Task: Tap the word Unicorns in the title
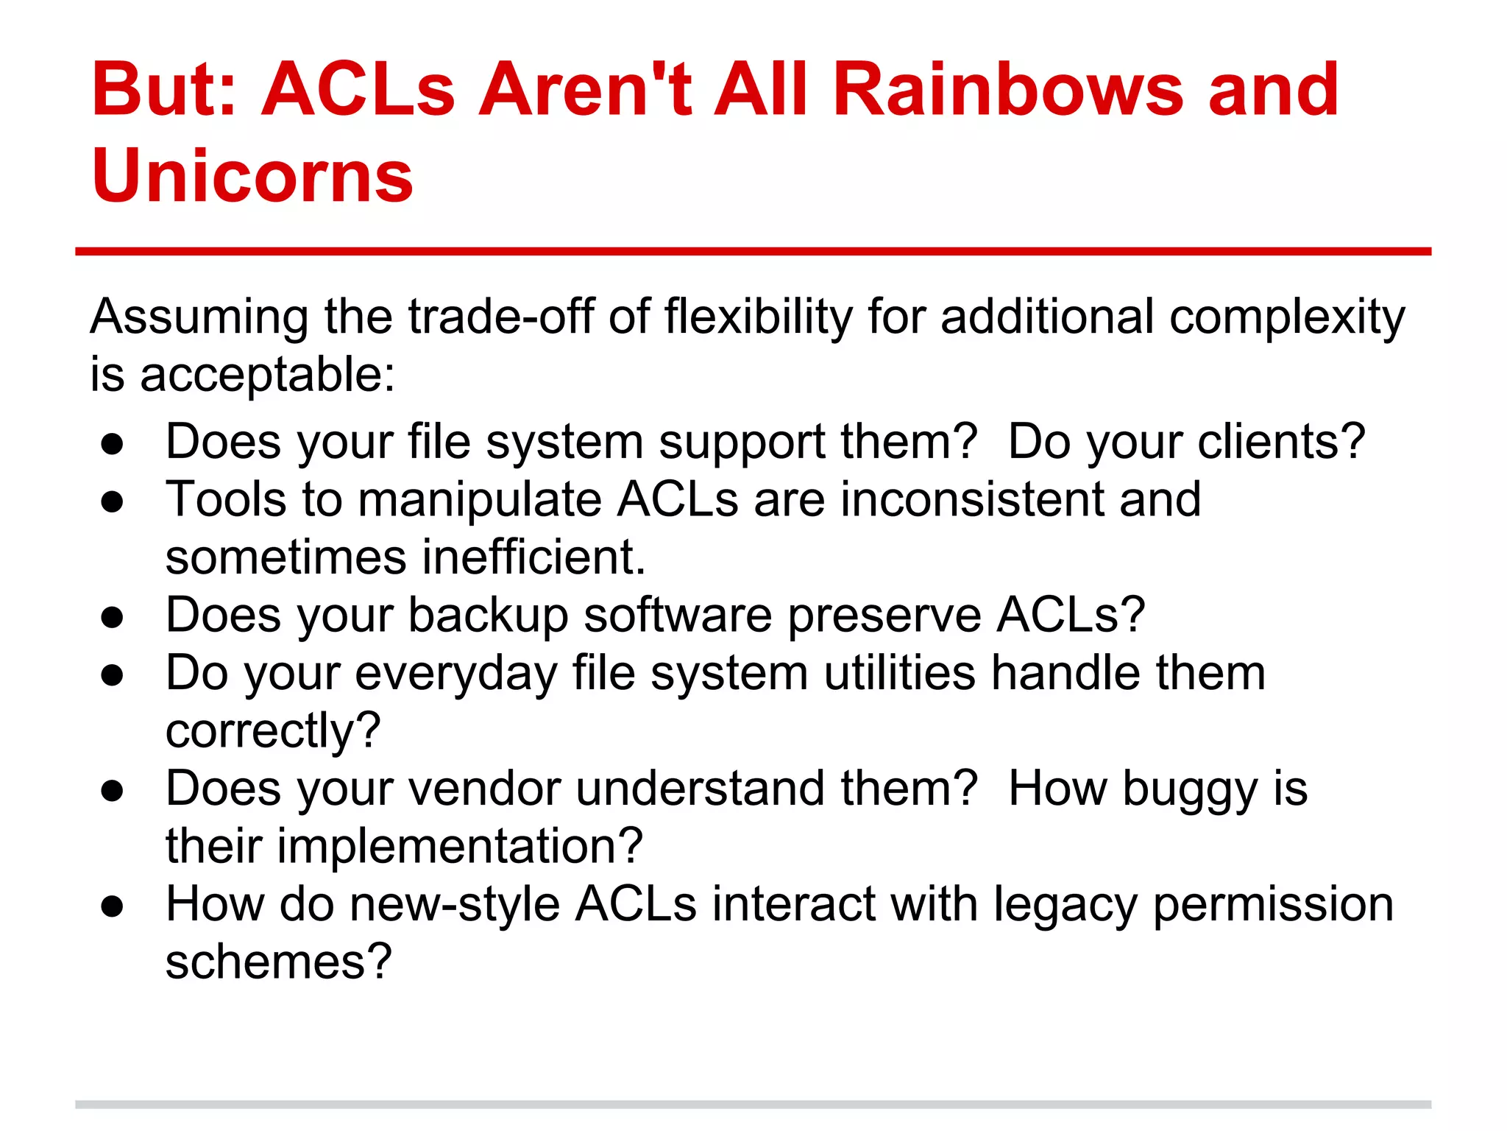pos(252,177)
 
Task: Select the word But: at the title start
pos(164,90)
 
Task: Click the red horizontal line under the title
pos(753,252)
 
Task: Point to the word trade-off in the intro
pos(500,317)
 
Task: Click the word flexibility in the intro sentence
pos(758,317)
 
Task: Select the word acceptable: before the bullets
pos(267,375)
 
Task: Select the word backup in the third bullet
pos(488,615)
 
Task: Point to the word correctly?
pos(273,731)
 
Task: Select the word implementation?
pos(460,846)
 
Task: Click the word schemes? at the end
pos(279,962)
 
